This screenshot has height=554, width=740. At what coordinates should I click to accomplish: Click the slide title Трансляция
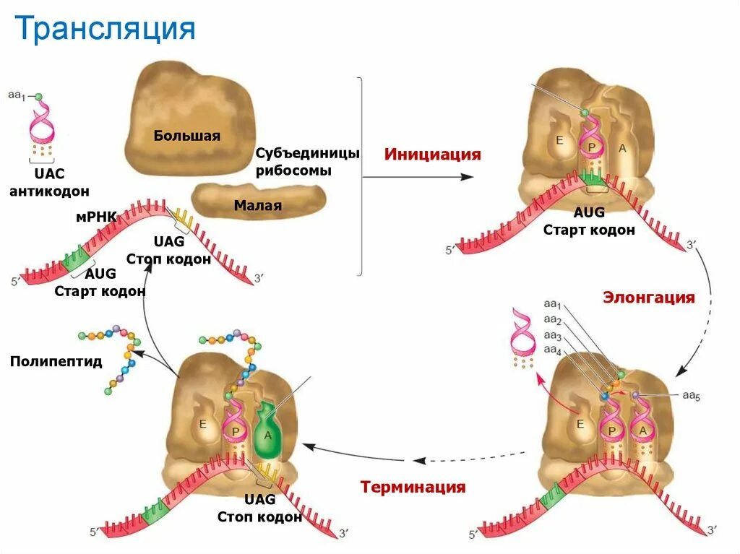tap(106, 30)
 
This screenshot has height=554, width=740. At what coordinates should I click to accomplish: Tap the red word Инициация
tap(432, 155)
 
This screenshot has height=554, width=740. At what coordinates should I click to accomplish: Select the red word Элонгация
tap(649, 298)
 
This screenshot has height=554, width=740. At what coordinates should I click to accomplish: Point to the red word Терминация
tap(413, 487)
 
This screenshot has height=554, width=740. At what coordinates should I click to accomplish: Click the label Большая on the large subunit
tap(186, 135)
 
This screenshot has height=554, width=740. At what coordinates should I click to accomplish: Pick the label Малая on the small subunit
tap(257, 206)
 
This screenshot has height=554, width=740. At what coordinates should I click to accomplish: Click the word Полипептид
tap(56, 361)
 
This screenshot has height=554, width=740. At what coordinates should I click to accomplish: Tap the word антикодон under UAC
tap(50, 191)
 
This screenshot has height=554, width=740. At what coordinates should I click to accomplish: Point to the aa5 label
tap(692, 395)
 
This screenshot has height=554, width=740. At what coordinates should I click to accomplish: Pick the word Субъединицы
tap(307, 154)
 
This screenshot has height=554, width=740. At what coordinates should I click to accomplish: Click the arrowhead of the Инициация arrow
tap(476, 176)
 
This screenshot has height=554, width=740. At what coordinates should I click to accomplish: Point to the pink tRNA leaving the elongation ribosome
tap(521, 331)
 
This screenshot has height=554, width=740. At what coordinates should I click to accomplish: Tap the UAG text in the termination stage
tap(259, 499)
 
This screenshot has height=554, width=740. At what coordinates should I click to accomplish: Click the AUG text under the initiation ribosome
tap(589, 213)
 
